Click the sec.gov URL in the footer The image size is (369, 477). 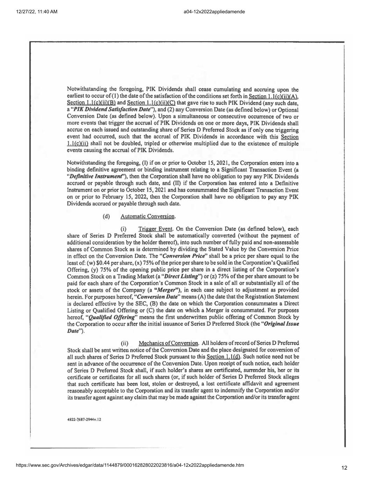(130, 465)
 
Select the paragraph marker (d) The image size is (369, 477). (106, 216)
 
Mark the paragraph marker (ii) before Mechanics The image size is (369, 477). (124, 344)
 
